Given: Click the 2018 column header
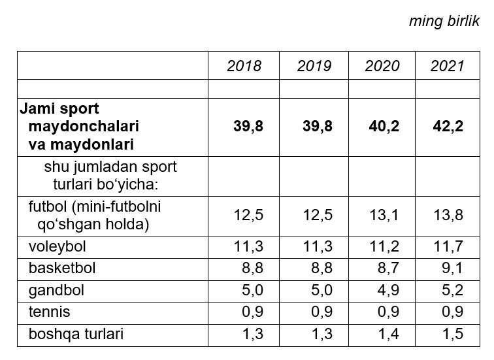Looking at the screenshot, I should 244,66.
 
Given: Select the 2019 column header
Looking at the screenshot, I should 314,66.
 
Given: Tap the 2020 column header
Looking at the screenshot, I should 383,66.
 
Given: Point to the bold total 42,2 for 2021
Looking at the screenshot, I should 448,126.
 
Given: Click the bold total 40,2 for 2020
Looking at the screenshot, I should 383,126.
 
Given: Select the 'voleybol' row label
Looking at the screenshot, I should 58,247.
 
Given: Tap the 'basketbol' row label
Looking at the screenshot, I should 62,269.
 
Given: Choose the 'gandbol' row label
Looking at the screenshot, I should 56,290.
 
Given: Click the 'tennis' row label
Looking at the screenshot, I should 49,312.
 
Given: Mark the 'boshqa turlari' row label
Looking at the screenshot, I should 76,334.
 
